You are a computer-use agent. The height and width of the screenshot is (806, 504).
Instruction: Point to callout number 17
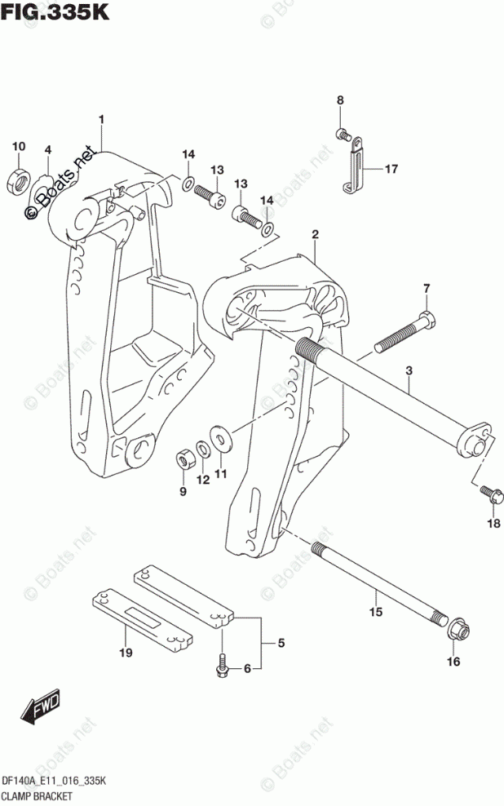391,170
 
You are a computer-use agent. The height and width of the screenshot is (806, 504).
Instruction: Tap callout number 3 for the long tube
409,371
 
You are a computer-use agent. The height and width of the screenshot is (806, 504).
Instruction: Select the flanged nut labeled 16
456,629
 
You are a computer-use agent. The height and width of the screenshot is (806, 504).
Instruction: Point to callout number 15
375,612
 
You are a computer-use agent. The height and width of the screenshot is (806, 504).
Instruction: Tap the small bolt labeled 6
222,669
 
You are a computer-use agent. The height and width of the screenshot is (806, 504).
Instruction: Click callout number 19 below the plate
125,652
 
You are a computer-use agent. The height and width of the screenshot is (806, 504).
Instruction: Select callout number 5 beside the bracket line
280,644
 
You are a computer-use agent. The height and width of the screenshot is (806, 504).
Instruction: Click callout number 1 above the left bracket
102,121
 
